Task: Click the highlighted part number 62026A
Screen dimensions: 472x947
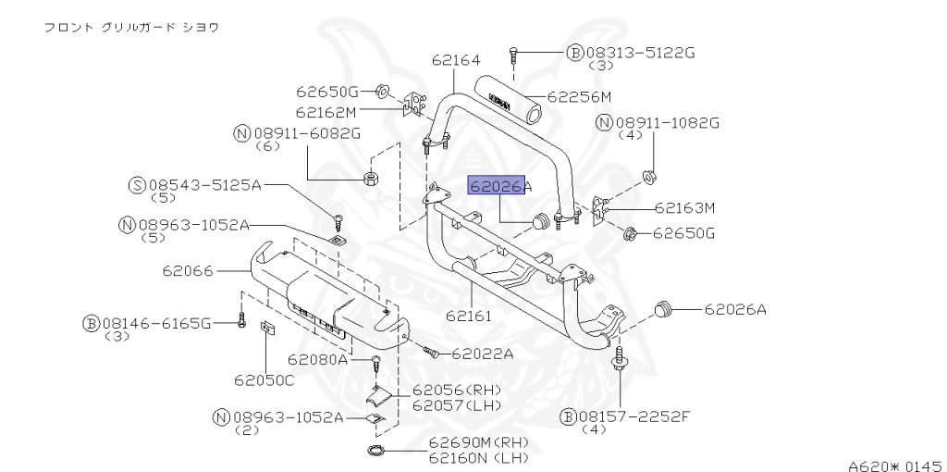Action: [x=500, y=186]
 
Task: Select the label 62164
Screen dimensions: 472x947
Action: [x=455, y=60]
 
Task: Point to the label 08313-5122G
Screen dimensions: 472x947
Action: [x=638, y=53]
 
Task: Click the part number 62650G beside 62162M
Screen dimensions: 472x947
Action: [x=326, y=92]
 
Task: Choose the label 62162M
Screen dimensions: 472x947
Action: [x=326, y=112]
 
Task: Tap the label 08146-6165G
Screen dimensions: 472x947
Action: [x=156, y=323]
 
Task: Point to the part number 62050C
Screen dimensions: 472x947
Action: [x=264, y=379]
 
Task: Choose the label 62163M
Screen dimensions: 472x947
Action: [x=685, y=208]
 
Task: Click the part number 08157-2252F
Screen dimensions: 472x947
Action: [x=635, y=416]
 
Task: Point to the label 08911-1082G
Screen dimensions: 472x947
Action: [x=667, y=122]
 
